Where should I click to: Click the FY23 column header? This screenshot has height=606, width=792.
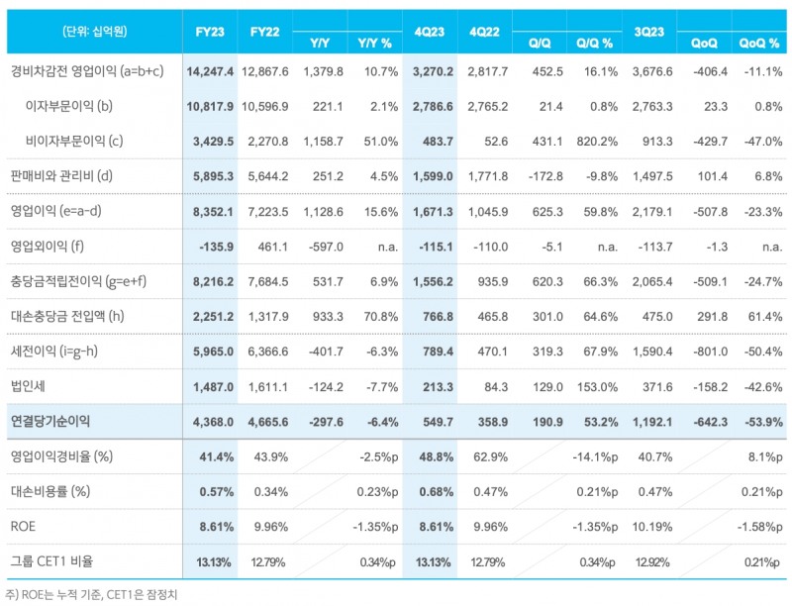[211, 32]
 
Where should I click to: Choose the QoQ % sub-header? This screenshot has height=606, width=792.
[758, 44]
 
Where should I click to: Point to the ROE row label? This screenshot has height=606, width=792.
[23, 527]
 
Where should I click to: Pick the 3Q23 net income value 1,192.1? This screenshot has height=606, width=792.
[656, 421]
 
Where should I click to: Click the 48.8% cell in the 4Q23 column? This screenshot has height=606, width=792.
[437, 456]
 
